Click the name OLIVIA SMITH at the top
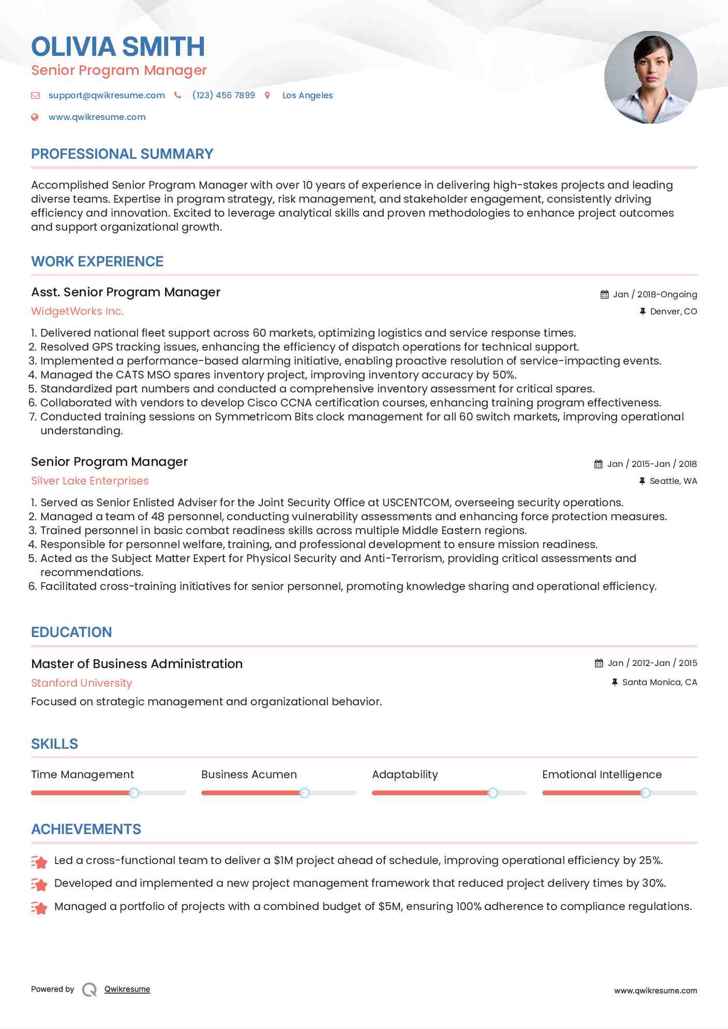(x=118, y=47)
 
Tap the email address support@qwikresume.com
(x=107, y=95)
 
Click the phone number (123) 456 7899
(x=224, y=95)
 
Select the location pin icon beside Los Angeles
(x=268, y=95)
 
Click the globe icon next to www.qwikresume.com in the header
(x=35, y=117)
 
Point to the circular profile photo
(x=650, y=78)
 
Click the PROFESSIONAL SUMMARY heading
(x=122, y=154)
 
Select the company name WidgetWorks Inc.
(x=78, y=311)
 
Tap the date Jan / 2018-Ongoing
(x=655, y=294)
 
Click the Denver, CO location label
(x=673, y=311)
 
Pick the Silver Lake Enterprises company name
(x=90, y=481)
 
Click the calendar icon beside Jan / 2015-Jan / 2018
(x=598, y=464)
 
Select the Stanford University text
(x=82, y=683)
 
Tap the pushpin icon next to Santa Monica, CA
(x=615, y=682)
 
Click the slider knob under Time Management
(x=134, y=793)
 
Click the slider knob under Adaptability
(x=493, y=793)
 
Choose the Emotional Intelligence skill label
(x=602, y=775)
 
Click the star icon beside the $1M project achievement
(x=39, y=861)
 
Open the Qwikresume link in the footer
(x=127, y=989)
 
